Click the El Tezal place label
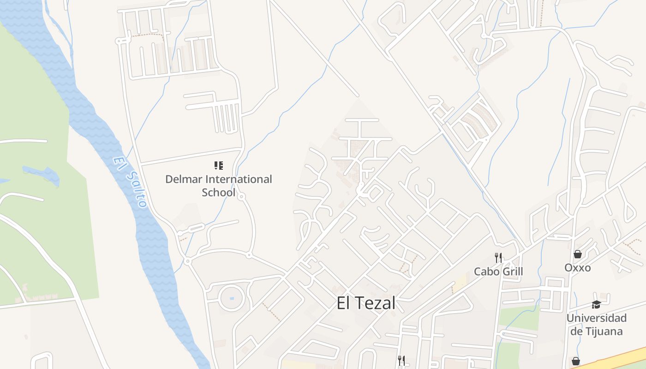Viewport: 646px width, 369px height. point(366,304)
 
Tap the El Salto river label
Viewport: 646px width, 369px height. point(131,183)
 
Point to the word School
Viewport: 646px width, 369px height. point(218,192)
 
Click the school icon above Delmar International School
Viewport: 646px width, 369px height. point(219,165)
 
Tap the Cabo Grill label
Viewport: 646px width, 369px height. point(498,271)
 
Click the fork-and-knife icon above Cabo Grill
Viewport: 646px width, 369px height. point(498,257)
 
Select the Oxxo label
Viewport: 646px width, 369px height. point(577,268)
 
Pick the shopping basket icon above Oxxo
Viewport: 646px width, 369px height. point(577,254)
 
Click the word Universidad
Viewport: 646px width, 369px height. point(597,318)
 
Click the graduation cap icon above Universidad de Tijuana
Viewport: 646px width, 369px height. point(596,304)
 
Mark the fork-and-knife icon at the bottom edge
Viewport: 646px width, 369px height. point(401,361)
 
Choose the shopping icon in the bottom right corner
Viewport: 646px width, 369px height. point(576,361)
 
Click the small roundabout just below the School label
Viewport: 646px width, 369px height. point(241,197)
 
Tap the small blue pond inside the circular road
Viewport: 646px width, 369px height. point(231,298)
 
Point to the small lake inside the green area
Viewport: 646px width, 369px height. point(42,175)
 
